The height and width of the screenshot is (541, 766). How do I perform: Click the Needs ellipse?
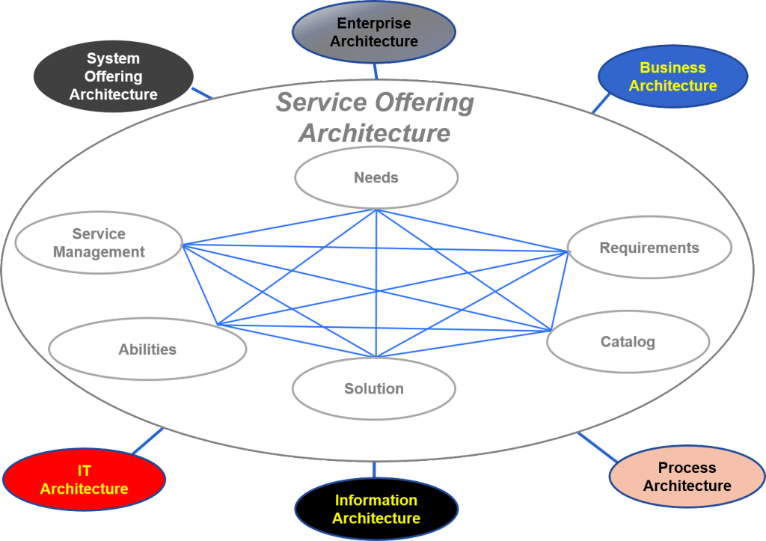[376, 177]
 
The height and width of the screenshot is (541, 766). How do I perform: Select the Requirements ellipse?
[649, 248]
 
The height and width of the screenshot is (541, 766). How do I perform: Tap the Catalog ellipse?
[628, 342]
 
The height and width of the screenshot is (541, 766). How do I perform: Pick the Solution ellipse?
[374, 388]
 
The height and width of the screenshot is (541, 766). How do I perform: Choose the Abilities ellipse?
[147, 349]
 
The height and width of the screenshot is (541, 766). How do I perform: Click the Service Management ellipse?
[99, 242]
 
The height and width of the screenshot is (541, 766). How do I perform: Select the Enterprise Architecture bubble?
[373, 32]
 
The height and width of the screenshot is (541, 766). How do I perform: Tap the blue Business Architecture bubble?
[672, 77]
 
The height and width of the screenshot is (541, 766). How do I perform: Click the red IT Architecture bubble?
[84, 480]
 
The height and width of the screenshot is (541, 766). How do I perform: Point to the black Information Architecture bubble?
[376, 510]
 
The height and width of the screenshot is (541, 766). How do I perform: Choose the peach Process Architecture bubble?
[687, 477]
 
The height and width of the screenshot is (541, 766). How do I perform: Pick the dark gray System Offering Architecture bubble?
[113, 76]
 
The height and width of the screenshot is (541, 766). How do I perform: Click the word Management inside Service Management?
[99, 252]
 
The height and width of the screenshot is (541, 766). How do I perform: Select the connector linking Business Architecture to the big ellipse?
[600, 103]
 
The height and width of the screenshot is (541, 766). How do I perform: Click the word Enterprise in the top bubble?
[373, 23]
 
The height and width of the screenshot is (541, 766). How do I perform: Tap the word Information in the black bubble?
[376, 501]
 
